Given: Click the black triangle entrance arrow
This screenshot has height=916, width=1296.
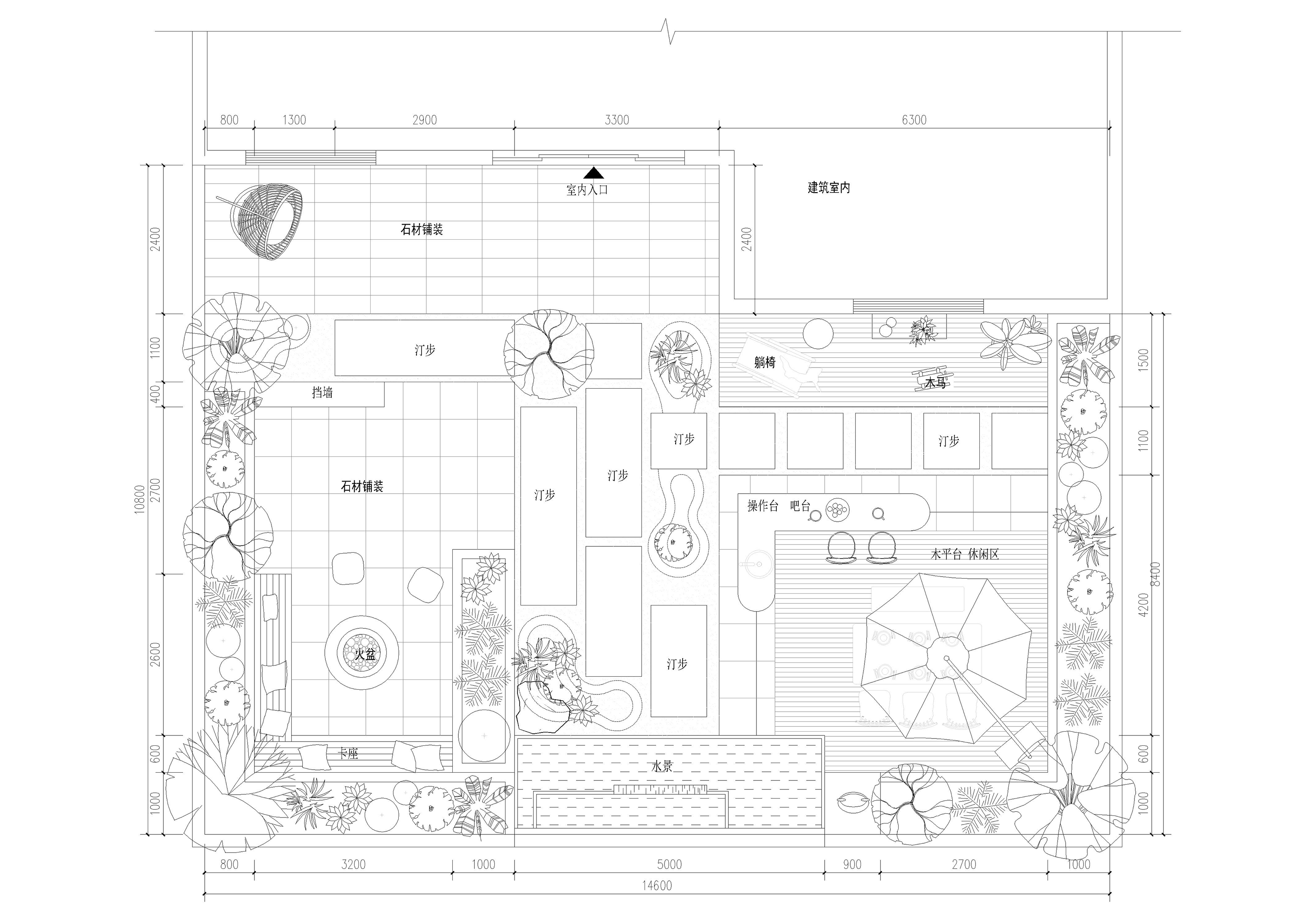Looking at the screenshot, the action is click(593, 173).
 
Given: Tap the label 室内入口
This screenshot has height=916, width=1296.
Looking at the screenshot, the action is click(587, 190).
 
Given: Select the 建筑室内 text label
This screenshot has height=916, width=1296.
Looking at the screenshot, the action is click(829, 187).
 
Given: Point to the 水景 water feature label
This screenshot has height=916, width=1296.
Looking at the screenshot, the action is click(662, 767).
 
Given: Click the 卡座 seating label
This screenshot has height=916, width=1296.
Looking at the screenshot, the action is click(348, 754).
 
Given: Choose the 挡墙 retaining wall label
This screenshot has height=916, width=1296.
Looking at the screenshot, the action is click(322, 392).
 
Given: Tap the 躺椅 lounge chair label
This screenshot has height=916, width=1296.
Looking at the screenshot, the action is click(765, 362).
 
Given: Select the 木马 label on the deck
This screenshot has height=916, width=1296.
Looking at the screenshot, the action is click(935, 383).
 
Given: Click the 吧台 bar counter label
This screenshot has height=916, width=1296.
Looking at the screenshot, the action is click(800, 506).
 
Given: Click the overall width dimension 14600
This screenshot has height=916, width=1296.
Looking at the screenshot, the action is click(657, 885).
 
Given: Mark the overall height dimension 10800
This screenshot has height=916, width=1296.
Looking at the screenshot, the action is click(140, 499).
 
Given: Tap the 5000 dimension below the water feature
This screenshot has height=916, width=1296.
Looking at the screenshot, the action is click(670, 864).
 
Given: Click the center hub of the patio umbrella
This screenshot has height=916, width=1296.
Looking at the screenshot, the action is click(948, 657).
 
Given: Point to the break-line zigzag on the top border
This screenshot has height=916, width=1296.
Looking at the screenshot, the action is click(668, 31).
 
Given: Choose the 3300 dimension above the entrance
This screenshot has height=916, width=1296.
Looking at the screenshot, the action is click(616, 120).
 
